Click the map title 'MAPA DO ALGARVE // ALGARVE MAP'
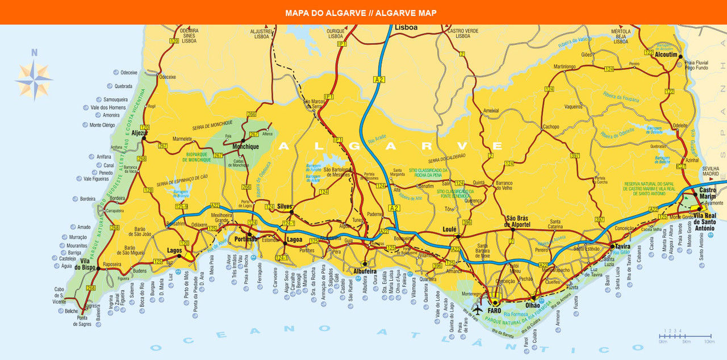coord(361,12)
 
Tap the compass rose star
coord(34,79)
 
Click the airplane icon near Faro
coord(477,311)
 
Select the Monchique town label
coord(246,146)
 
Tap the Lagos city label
coord(174,250)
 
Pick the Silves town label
coord(284,206)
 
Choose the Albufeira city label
coord(365,272)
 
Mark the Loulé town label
coord(449,229)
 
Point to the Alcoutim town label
coord(666,55)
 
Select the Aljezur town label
coord(140,133)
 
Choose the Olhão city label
coord(533,305)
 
